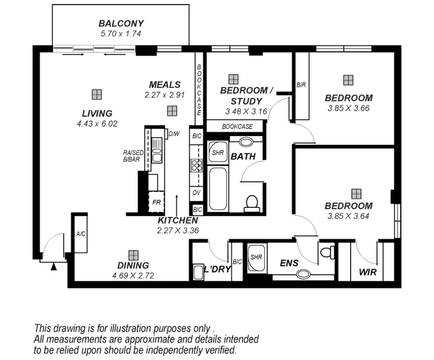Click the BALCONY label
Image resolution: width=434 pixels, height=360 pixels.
point(120,24)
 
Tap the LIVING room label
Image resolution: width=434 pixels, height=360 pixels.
point(97,113)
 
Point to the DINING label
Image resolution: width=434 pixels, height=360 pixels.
point(134,266)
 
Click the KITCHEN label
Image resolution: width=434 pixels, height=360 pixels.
point(178,221)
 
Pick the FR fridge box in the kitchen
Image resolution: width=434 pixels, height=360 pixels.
point(156,203)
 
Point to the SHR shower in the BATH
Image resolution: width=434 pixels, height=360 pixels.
point(218,153)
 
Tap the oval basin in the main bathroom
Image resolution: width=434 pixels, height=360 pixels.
point(245,141)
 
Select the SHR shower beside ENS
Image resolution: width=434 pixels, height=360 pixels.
point(256,255)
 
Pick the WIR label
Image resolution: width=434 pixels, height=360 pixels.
point(366,271)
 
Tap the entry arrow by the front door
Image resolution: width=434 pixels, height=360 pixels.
point(53,267)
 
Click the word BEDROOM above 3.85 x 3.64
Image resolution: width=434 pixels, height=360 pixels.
point(348,206)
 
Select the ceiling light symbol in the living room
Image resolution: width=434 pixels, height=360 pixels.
point(97,94)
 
